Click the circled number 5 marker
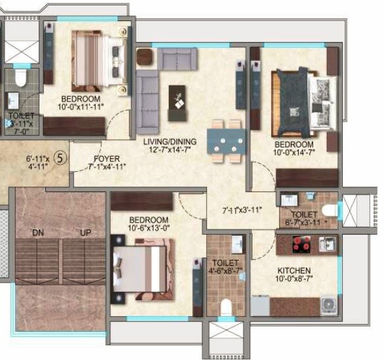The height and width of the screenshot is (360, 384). (x=59, y=158)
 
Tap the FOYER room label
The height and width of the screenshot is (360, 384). (x=106, y=158)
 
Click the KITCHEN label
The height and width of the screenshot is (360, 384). (x=293, y=270)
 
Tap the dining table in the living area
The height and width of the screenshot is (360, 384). (x=225, y=140)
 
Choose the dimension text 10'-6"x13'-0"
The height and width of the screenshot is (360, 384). (x=148, y=228)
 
